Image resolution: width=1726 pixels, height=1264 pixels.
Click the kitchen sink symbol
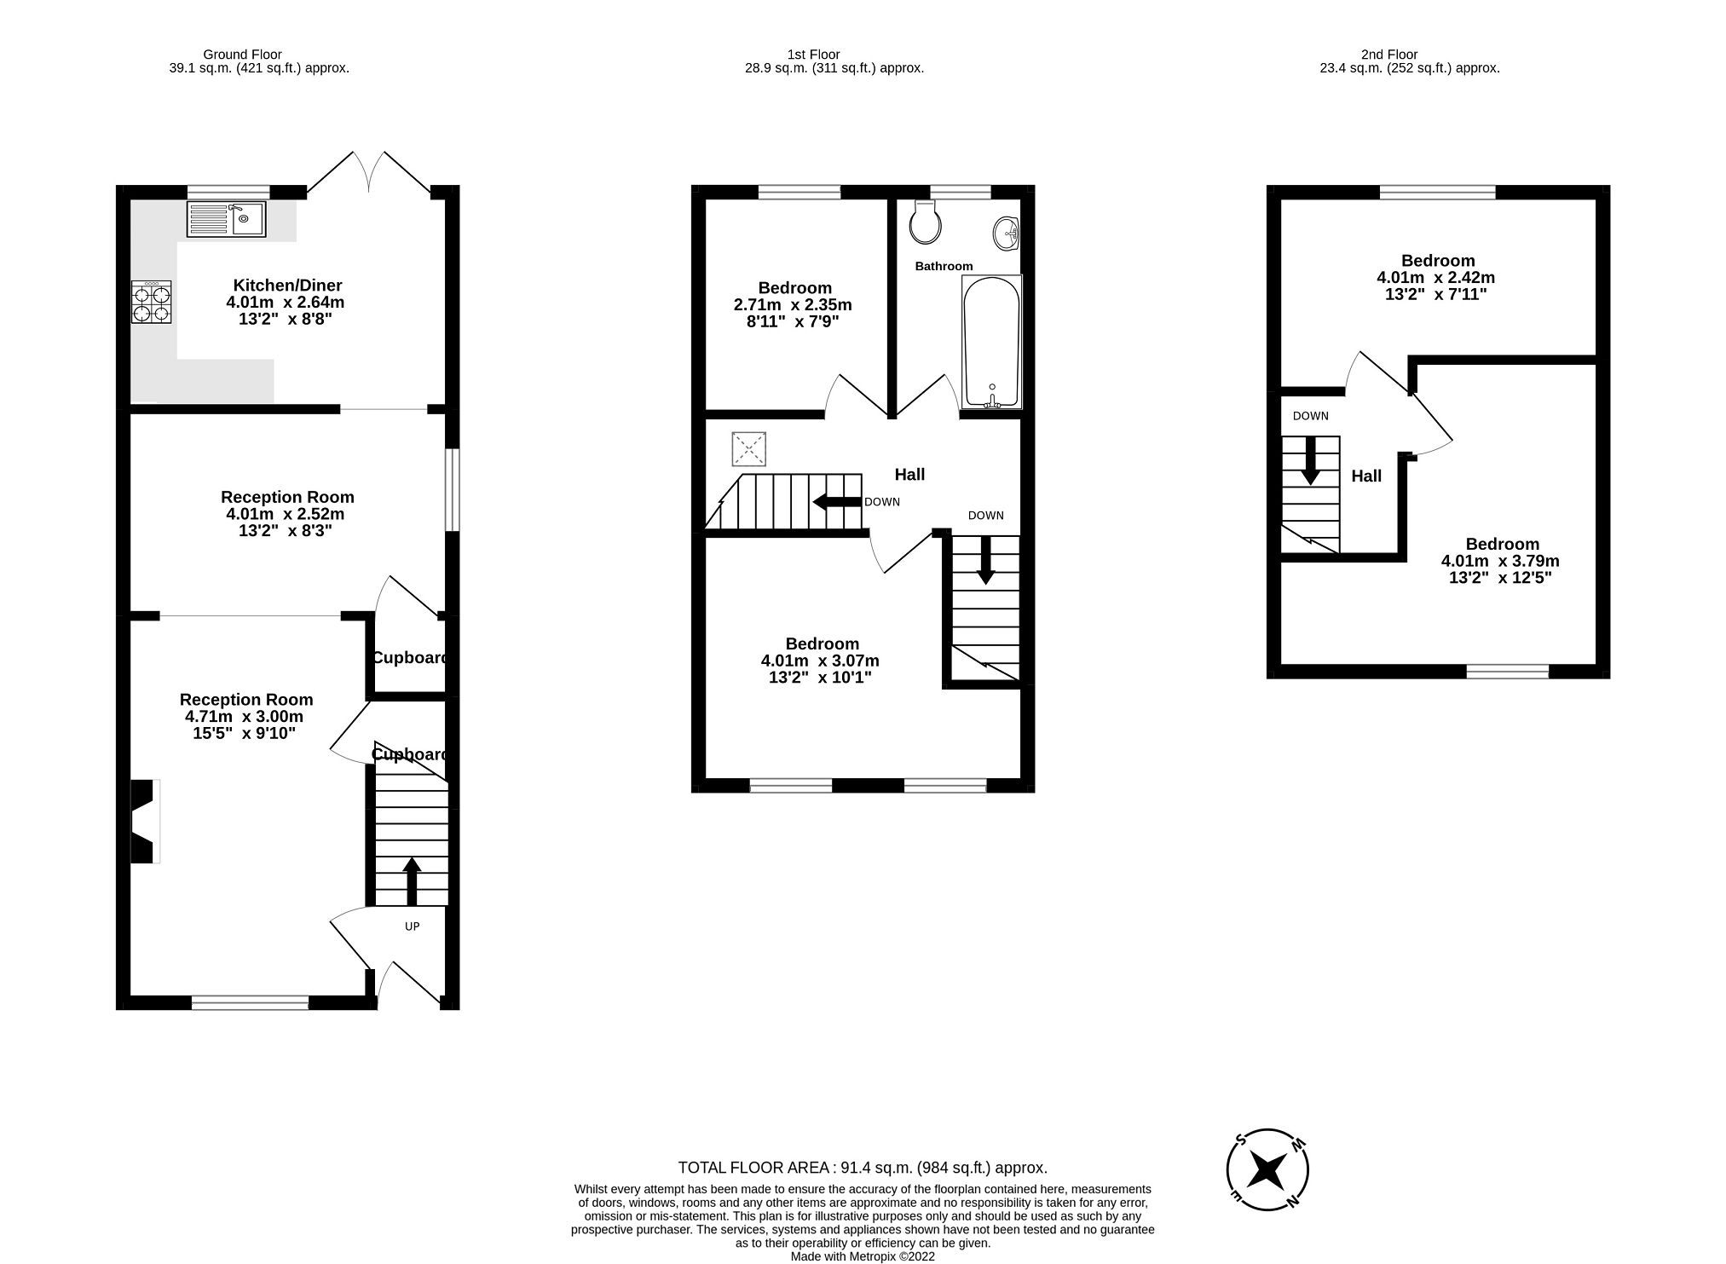click(x=226, y=219)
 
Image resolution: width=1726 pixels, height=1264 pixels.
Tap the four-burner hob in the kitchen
click(x=152, y=302)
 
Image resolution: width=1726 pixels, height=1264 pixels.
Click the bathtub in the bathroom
click(x=990, y=343)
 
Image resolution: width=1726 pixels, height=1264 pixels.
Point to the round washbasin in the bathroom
click(x=1007, y=232)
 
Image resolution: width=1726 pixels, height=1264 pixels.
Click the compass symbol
click(x=1267, y=1170)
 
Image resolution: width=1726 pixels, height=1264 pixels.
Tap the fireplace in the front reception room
click(x=143, y=822)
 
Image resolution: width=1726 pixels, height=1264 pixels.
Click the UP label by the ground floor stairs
click(x=412, y=926)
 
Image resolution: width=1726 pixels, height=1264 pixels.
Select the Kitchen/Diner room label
click(x=287, y=285)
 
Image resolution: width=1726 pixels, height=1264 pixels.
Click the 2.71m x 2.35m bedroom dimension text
click(x=793, y=305)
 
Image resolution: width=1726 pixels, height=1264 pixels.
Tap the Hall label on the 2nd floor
click(x=1366, y=476)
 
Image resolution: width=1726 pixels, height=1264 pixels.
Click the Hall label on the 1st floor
click(x=909, y=475)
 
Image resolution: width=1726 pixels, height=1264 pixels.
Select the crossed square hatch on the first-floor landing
click(x=748, y=449)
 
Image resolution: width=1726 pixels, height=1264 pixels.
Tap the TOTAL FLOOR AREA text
click(x=863, y=1168)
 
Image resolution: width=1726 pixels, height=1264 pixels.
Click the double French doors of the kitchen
click(x=370, y=173)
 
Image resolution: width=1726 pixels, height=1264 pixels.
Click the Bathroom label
click(x=944, y=266)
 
